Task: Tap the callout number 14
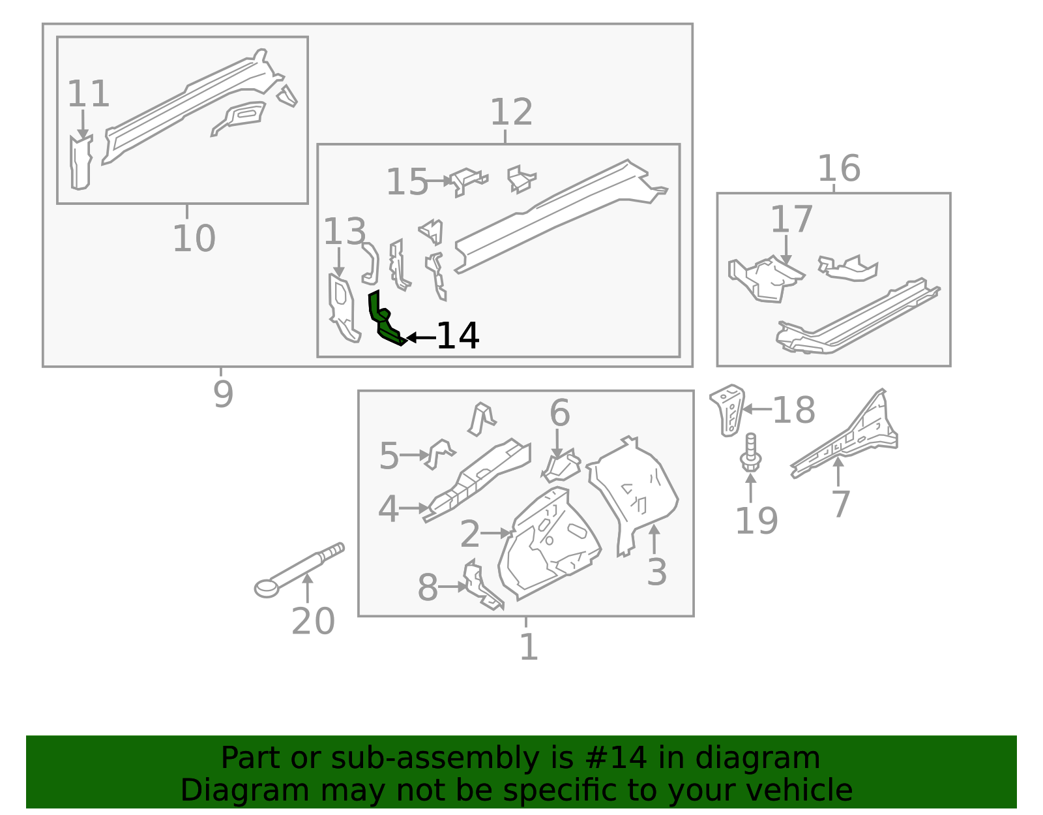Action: (x=458, y=337)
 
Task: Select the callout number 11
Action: (x=88, y=94)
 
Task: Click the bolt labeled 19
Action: (x=750, y=452)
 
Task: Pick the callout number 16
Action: (x=838, y=168)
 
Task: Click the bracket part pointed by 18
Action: (x=728, y=410)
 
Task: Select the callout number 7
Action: (x=841, y=504)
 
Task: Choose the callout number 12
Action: (x=511, y=112)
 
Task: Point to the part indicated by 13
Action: (x=342, y=307)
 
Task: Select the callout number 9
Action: (x=223, y=394)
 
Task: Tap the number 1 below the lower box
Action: (x=528, y=647)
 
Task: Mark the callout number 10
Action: (x=194, y=238)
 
